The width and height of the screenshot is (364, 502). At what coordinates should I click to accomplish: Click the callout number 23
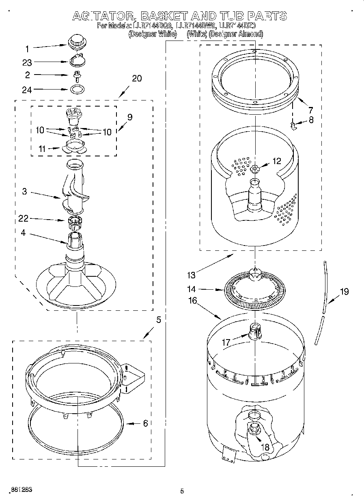click(x=27, y=62)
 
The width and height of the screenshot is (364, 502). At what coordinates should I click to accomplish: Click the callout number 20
click(x=137, y=79)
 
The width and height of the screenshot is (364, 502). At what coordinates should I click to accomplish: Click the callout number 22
click(x=23, y=219)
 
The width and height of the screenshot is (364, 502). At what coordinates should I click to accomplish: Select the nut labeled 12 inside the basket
click(x=254, y=168)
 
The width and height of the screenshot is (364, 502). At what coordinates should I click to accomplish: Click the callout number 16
click(x=193, y=300)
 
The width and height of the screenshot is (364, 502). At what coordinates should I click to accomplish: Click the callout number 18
click(x=265, y=447)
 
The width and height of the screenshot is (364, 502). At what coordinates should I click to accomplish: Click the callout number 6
click(x=145, y=423)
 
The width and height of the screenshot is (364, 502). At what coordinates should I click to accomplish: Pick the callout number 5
click(x=158, y=320)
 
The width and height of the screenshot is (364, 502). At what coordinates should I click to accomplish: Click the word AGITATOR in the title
click(x=104, y=16)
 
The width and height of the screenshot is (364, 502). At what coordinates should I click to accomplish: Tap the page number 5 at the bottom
click(x=182, y=491)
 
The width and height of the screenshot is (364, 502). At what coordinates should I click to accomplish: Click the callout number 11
click(x=42, y=149)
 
